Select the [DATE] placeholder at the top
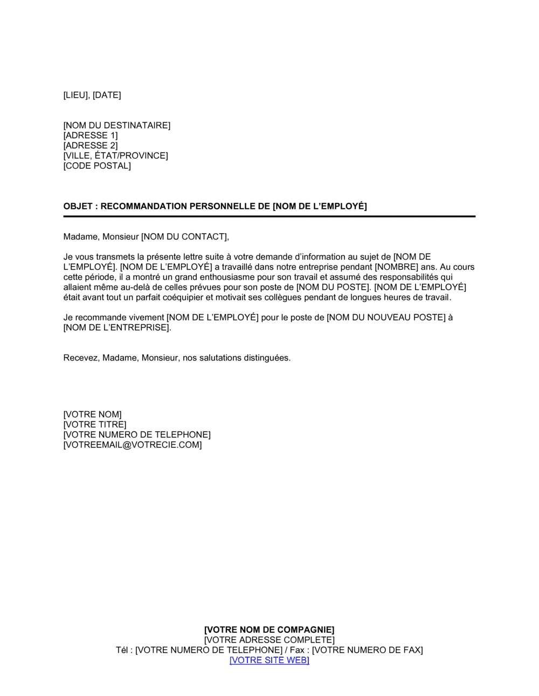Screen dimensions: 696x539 [107, 95]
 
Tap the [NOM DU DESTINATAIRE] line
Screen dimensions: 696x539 [116, 126]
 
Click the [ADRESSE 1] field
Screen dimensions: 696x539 [90, 136]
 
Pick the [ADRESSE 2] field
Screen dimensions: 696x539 [90, 146]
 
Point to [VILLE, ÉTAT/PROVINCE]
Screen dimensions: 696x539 [115, 156]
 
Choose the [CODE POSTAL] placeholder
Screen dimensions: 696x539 [97, 166]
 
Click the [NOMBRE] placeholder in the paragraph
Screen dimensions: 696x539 [396, 267]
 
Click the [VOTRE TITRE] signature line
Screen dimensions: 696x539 [95, 425]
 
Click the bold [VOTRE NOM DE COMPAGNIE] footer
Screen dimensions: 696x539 [269, 630]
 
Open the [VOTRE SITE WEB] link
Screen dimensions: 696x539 [269, 660]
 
